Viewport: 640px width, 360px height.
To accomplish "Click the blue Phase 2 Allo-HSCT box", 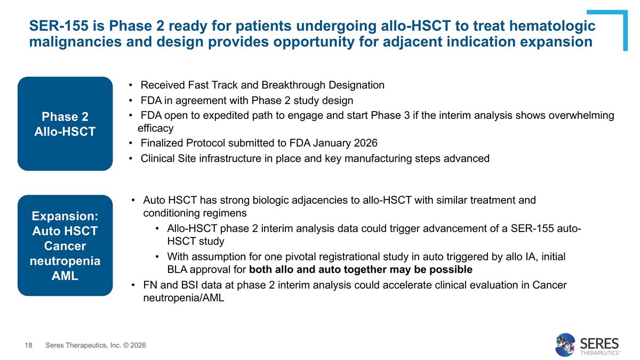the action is [65, 124].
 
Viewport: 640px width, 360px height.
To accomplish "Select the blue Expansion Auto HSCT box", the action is [65, 245].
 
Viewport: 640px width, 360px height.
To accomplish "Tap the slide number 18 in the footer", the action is [29, 346].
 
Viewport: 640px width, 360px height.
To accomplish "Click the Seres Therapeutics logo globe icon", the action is [565, 345].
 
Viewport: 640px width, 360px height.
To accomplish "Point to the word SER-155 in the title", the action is [59, 26].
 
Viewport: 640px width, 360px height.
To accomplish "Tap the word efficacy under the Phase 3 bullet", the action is [155, 129].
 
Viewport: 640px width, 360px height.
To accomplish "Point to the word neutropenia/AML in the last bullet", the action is [183, 298].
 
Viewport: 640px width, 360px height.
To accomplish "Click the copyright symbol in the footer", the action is [126, 346].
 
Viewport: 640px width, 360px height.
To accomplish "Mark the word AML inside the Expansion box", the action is [65, 276].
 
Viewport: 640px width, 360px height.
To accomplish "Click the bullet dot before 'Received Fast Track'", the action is [131, 85].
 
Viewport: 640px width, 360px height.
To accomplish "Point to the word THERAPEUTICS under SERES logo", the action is [599, 353].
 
